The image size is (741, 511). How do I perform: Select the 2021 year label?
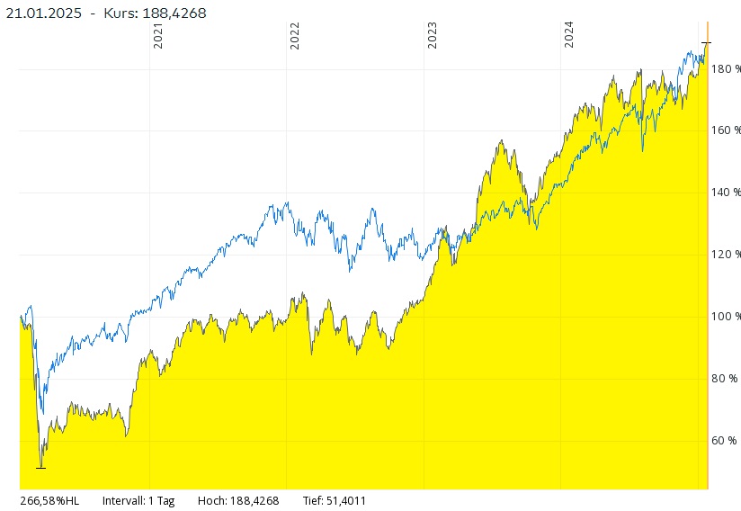click(158, 36)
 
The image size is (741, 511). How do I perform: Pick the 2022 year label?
click(295, 36)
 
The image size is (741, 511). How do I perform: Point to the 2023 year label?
click(433, 36)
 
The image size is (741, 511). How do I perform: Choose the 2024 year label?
click(569, 36)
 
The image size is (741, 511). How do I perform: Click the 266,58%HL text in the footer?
click(49, 501)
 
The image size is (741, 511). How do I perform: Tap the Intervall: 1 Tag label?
click(138, 501)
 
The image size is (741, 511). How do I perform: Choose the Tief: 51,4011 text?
click(335, 501)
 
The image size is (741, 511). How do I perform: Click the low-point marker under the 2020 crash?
click(40, 467)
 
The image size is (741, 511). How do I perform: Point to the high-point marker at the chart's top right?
click(706, 42)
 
